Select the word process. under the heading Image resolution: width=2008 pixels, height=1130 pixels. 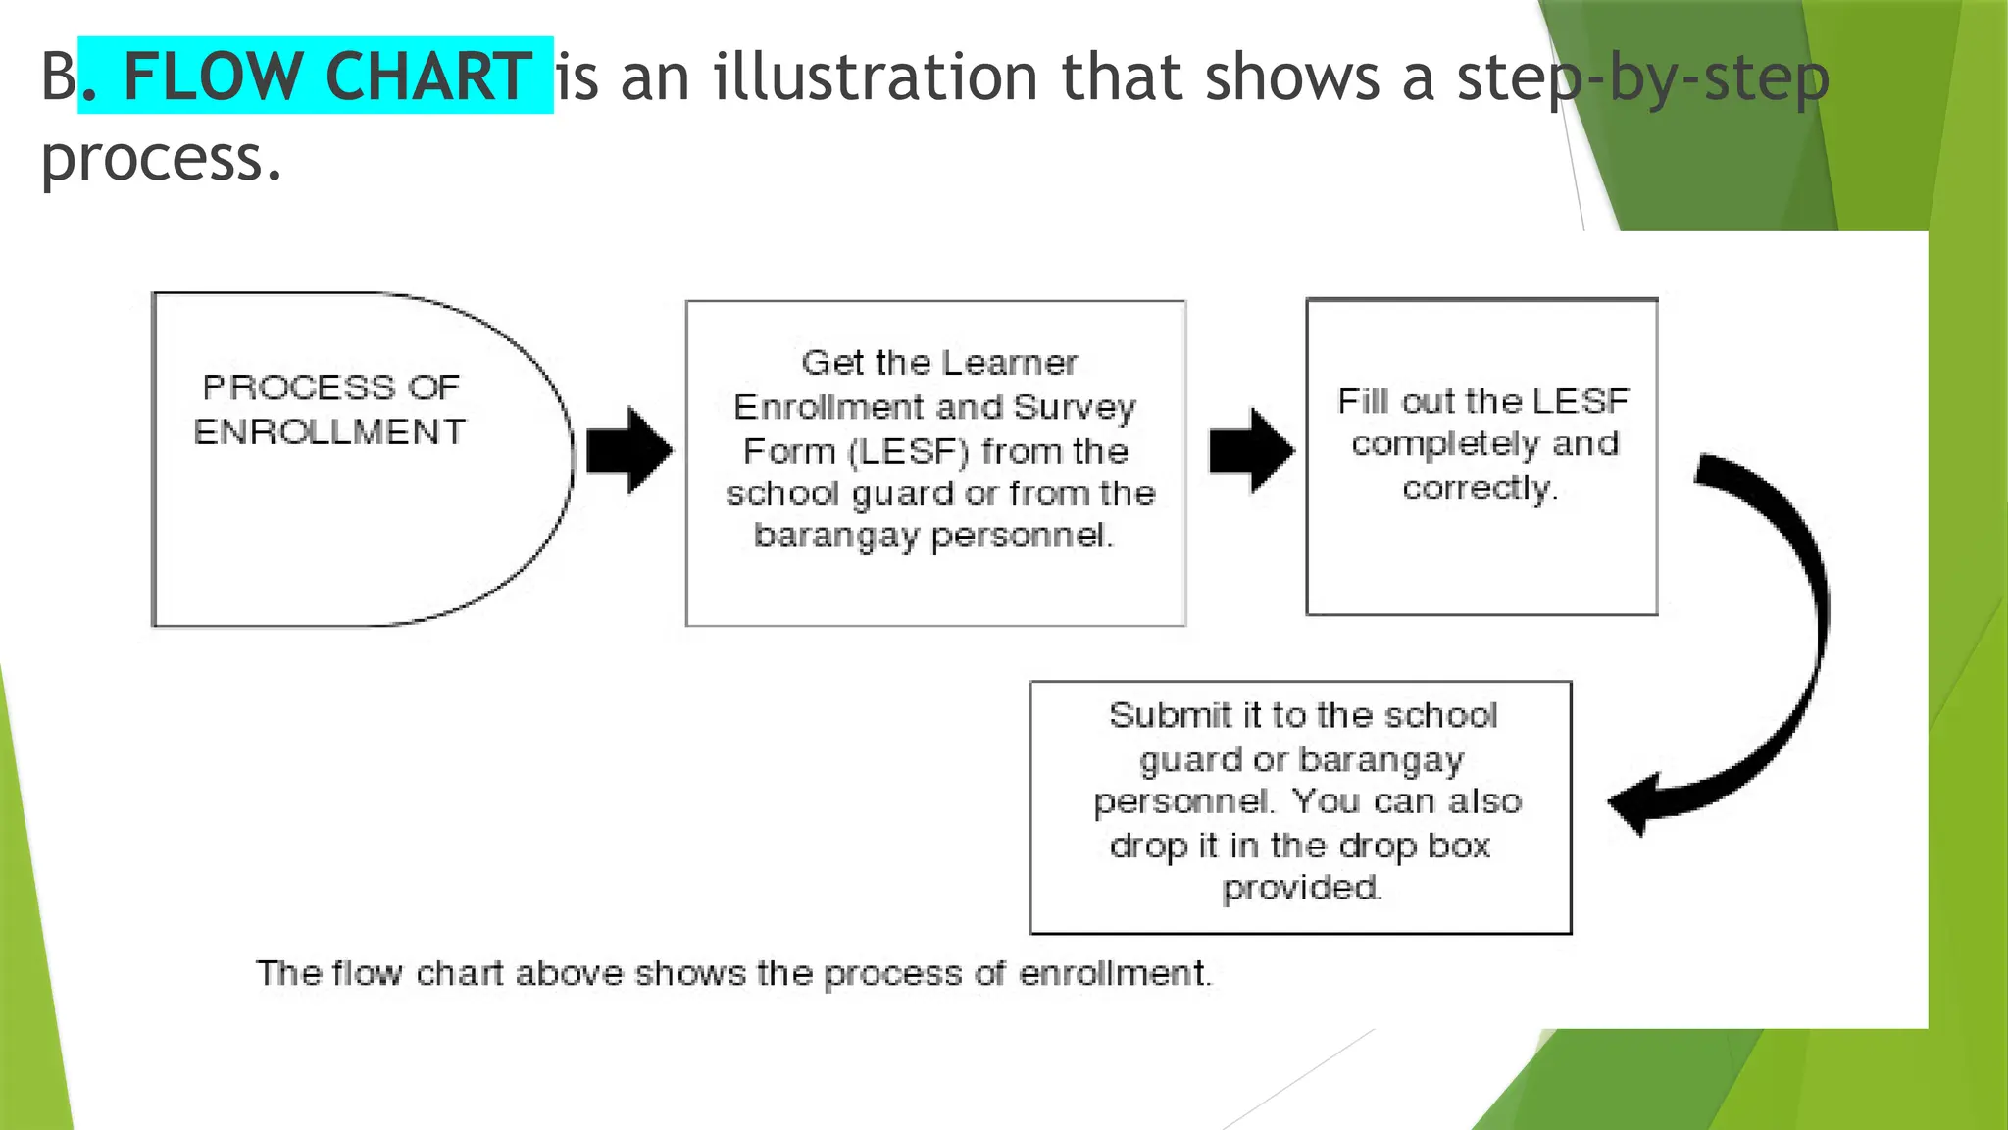(x=162, y=159)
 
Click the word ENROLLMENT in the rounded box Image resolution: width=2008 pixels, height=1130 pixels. (x=329, y=432)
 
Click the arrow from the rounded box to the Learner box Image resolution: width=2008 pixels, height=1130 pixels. (x=629, y=450)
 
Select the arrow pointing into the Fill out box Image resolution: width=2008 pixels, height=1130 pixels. (x=1251, y=450)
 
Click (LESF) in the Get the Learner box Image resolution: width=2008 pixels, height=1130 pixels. (x=909, y=451)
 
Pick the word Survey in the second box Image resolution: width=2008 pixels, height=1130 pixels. (x=1075, y=407)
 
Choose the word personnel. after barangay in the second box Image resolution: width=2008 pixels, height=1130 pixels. (x=1023, y=536)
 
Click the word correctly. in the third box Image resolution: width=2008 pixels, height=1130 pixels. (x=1480, y=488)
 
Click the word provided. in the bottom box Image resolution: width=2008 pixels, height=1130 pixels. (x=1301, y=888)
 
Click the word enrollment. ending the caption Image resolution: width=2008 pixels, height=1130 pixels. (x=1115, y=973)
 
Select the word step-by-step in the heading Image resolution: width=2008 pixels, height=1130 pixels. (x=1642, y=78)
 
